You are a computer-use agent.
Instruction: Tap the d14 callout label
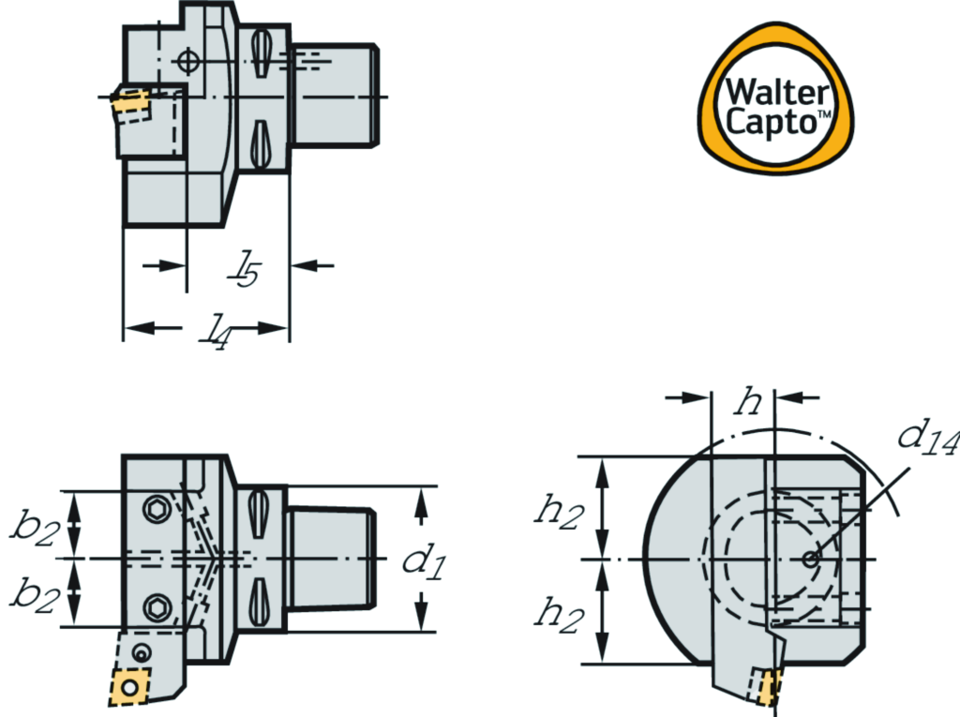click(927, 438)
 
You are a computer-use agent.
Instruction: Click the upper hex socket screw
click(155, 510)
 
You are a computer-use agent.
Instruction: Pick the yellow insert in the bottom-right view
click(770, 688)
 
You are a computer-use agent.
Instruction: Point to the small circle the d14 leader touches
click(810, 559)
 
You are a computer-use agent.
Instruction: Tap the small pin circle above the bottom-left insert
click(142, 652)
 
